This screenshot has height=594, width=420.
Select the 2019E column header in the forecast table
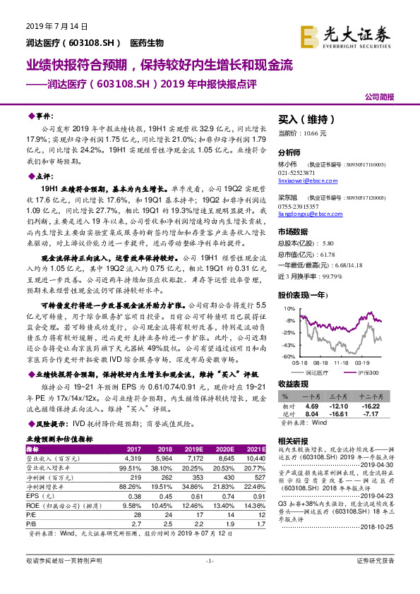192,448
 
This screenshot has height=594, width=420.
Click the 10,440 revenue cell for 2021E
255,457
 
